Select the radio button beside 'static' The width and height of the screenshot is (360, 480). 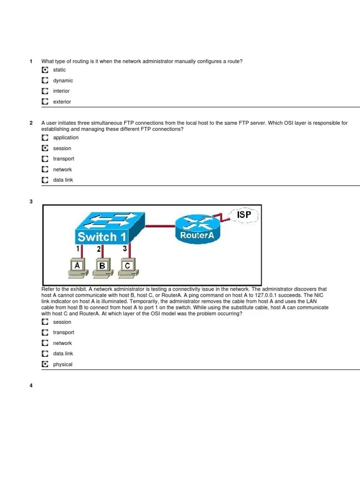coord(45,70)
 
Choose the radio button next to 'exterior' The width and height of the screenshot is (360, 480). coord(45,101)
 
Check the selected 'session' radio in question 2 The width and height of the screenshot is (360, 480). coord(45,148)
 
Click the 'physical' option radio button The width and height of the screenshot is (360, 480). coord(45,364)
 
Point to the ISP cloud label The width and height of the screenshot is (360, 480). coord(244,216)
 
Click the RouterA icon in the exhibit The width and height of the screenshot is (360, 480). coord(197,229)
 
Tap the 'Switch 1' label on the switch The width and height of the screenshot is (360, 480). coord(102,237)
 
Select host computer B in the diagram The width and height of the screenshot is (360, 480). coord(102,268)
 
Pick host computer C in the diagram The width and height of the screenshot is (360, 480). coord(127,268)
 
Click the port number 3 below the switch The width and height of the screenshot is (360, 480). coord(125,249)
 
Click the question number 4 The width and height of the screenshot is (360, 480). coord(31,386)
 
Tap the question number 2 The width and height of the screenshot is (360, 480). coord(31,123)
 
